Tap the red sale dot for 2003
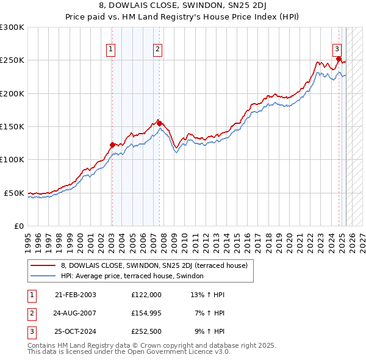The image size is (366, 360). pos(112,145)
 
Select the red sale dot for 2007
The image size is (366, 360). pos(159,123)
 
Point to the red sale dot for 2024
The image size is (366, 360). pos(339,59)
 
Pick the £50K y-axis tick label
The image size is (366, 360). pos(14,193)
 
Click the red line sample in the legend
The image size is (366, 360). pos(43,265)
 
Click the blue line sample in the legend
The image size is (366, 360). pos(43,276)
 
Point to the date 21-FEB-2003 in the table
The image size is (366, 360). pos(75,295)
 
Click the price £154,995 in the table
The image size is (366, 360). pos(146,313)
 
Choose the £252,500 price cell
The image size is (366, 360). pos(146,331)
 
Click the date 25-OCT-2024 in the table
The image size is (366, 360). pos(75,331)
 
